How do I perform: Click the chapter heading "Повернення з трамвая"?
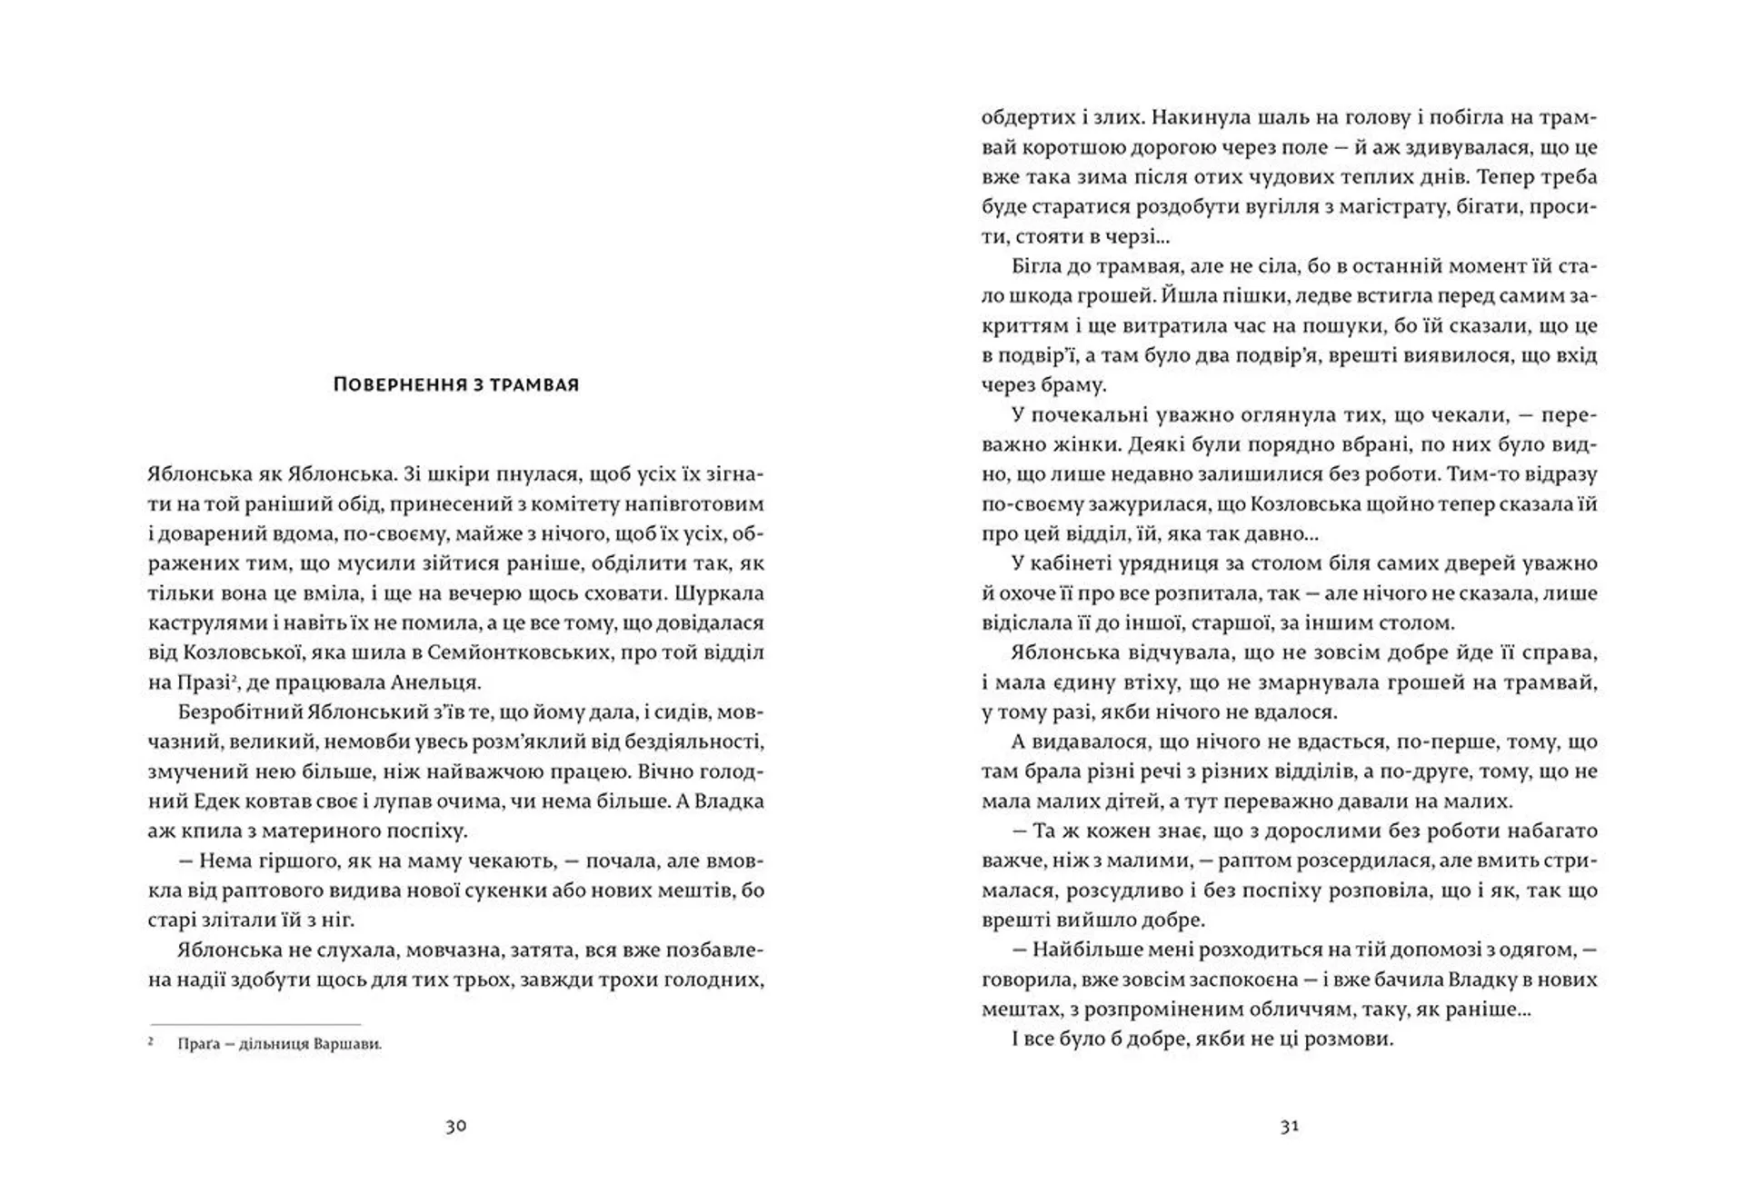pyautogui.click(x=456, y=384)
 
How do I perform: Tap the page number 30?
pyautogui.click(x=455, y=1126)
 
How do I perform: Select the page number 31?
pyautogui.click(x=1290, y=1126)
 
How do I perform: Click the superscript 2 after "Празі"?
pyautogui.click(x=234, y=676)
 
